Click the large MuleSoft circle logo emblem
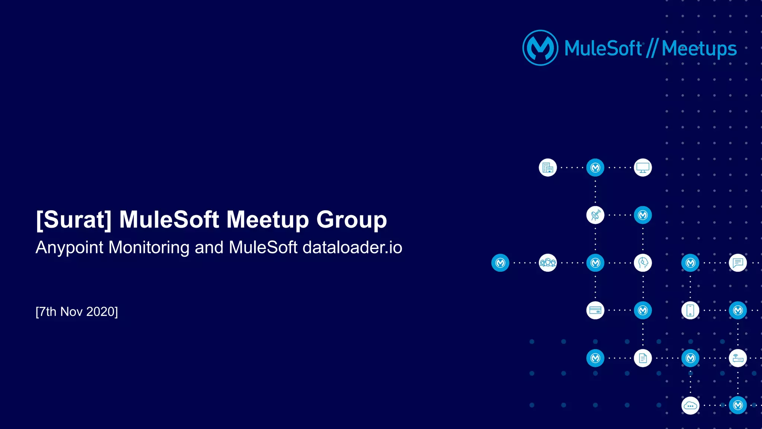(540, 48)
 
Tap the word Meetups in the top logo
(699, 49)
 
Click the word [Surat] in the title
(74, 220)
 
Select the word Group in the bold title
(352, 220)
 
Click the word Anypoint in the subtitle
(69, 247)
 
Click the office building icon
(548, 168)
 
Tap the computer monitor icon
(643, 168)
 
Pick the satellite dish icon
(595, 215)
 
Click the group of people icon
(548, 263)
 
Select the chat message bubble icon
(738, 263)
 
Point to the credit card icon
(595, 310)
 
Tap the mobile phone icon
(690, 310)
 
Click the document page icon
(643, 358)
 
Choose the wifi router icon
(738, 358)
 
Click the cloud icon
(690, 406)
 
